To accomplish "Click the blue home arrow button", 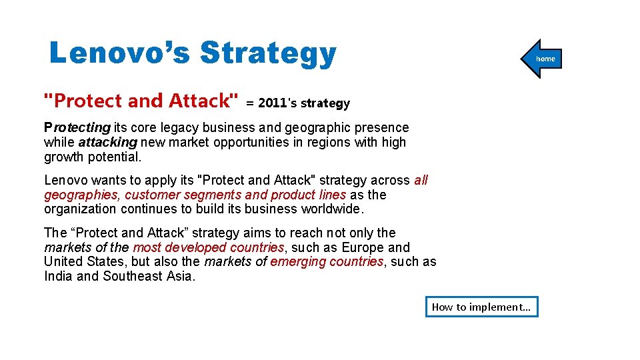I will [x=543, y=59].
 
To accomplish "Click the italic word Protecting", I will [x=77, y=127].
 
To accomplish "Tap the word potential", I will [x=117, y=157].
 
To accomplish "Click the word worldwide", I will [x=330, y=209].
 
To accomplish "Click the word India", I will [x=58, y=276].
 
